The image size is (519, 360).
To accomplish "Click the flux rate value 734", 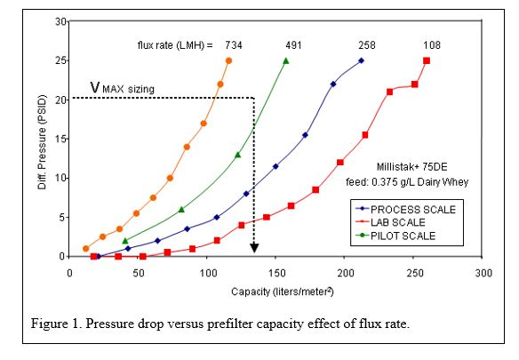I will tap(234, 44).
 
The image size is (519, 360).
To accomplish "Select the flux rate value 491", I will tap(294, 44).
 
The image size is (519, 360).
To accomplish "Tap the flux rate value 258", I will tap(367, 44).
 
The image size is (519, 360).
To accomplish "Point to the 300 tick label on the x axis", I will tap(481, 273).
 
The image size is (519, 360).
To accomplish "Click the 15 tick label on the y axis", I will tap(60, 139).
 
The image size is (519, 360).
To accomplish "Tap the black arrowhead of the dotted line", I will tap(254, 249).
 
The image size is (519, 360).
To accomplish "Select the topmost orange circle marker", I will tap(228, 60).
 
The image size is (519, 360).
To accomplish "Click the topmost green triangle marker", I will tap(285, 60).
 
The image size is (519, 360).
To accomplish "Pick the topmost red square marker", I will tap(427, 60).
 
